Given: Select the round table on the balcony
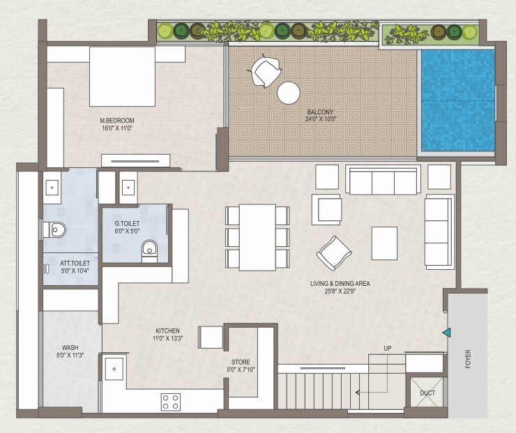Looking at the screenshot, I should [x=288, y=93].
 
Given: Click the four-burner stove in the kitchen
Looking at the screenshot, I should [x=171, y=401].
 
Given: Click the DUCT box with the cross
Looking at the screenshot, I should [x=427, y=393].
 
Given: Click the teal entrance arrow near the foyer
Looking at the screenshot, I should [x=445, y=334].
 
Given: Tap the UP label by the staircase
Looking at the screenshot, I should [x=387, y=348].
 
